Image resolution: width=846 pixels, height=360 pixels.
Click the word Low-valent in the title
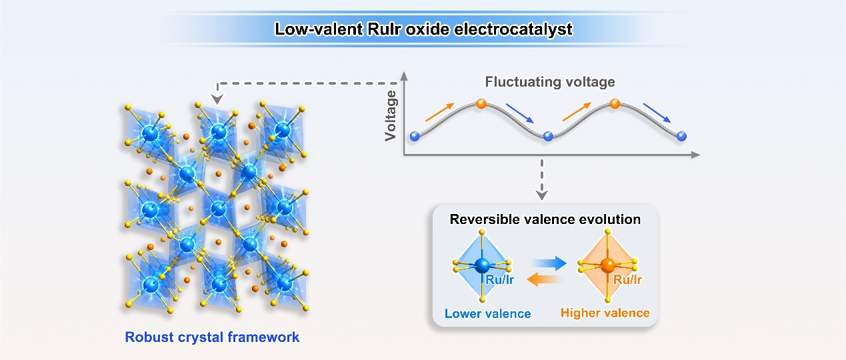point(319,29)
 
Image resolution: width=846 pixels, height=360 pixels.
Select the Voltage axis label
point(391,115)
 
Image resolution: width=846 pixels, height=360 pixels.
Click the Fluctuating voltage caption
point(550,81)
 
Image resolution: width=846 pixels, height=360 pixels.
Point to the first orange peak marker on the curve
point(481,103)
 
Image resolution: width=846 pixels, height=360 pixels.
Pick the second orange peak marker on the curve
point(615,103)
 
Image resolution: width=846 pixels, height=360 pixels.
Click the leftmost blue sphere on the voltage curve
point(415,137)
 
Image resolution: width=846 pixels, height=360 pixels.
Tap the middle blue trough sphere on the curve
point(548,137)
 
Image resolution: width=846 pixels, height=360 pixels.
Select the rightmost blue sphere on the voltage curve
point(681,137)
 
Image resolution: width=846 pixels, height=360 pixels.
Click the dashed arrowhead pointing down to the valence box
point(542,195)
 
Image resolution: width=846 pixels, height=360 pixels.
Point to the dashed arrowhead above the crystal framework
point(217,99)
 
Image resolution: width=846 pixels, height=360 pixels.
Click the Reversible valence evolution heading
point(545,219)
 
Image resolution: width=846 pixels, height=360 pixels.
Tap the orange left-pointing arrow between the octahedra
point(544,280)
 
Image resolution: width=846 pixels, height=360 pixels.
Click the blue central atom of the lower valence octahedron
point(482,265)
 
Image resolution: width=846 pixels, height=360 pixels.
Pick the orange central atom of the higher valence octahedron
point(608,265)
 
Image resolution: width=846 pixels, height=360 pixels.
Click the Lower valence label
point(487,313)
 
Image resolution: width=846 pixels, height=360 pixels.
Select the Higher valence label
point(605,313)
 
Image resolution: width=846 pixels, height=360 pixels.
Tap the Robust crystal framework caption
point(212,337)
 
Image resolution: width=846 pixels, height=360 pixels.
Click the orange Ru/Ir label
point(627,280)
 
